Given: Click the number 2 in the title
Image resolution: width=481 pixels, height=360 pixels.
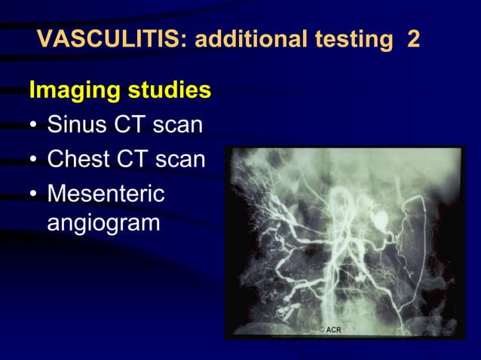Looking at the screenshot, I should click(x=413, y=38).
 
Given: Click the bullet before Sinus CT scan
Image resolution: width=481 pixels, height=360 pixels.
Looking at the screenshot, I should click(x=34, y=126).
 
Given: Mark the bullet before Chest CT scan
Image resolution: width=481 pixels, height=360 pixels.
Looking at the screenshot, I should click(x=34, y=160).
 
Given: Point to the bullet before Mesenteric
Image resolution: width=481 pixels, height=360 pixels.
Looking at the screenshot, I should click(x=34, y=194).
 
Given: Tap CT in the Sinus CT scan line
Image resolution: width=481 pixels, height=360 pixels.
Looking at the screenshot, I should click(x=129, y=125).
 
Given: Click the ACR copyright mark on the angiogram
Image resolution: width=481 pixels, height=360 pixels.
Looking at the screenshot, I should click(x=329, y=330).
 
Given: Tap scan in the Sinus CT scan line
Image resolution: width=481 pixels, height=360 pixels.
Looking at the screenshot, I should click(x=177, y=125).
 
